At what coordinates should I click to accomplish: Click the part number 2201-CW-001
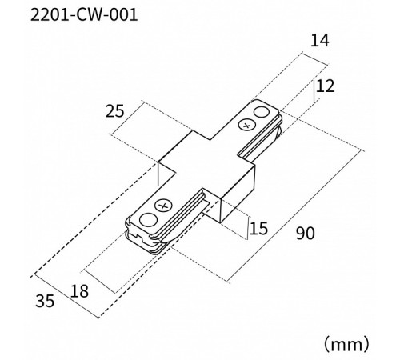coord(84,15)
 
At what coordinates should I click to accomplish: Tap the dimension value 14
coord(319,41)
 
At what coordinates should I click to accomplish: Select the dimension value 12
coord(325,86)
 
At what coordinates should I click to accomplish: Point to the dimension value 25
coord(114,111)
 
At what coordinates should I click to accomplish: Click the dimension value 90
coord(306,233)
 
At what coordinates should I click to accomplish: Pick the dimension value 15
coord(258,228)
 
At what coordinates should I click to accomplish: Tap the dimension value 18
coord(79,291)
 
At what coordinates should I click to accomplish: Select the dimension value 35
coord(45,301)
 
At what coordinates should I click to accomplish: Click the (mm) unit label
coord(346,344)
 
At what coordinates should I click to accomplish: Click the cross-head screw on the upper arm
coord(246,125)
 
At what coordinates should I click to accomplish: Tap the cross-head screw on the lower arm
coord(163,206)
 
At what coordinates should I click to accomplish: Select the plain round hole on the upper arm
coord(262,113)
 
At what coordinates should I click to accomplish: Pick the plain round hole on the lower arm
coord(148,221)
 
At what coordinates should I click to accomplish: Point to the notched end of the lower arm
coord(142,238)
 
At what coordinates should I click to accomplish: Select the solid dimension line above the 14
coord(314,59)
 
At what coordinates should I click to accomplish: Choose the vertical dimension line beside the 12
coord(314,90)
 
